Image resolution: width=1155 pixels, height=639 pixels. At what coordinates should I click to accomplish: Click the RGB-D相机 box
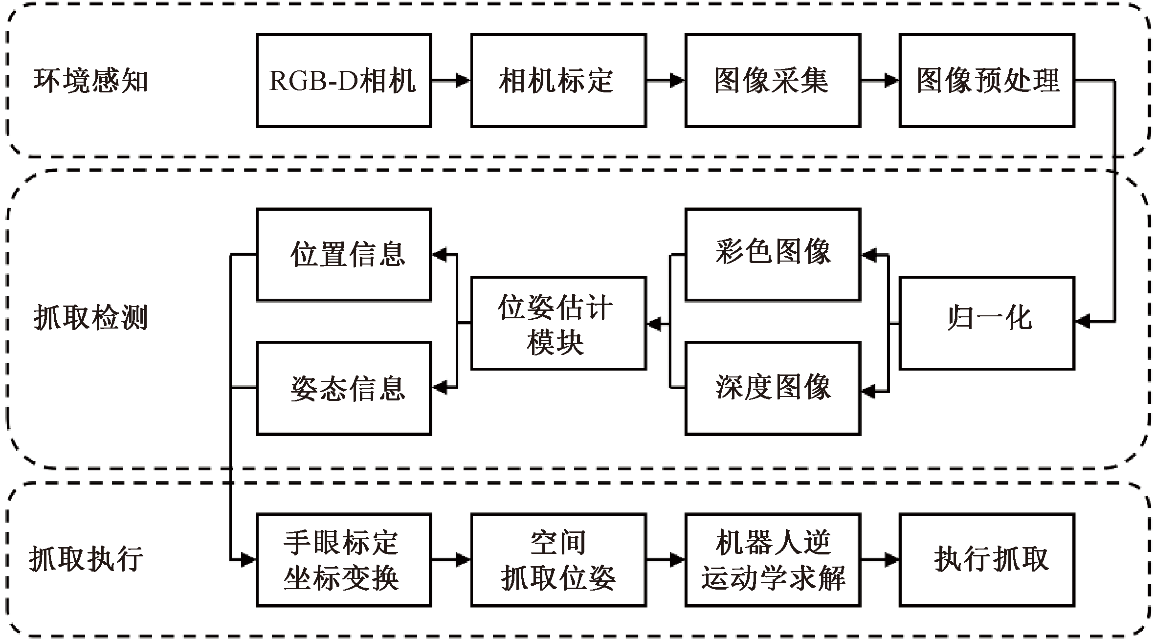pyautogui.click(x=343, y=81)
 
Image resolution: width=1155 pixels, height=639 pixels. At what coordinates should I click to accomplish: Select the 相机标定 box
pyautogui.click(x=558, y=81)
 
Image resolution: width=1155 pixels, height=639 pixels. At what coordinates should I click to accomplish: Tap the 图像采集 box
pyautogui.click(x=772, y=81)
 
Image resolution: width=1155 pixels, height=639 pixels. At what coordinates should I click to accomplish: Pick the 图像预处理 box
pyautogui.click(x=987, y=81)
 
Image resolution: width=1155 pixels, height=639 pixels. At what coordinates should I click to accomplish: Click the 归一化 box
pyautogui.click(x=987, y=323)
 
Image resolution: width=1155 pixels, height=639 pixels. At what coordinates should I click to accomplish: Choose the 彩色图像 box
pyautogui.click(x=772, y=254)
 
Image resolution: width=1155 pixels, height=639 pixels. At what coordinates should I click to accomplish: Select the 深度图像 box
pyautogui.click(x=772, y=388)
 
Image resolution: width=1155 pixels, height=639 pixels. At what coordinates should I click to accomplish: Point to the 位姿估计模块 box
pyautogui.click(x=558, y=323)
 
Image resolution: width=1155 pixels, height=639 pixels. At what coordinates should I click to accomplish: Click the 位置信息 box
pyautogui.click(x=343, y=254)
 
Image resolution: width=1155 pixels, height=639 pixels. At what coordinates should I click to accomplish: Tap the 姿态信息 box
pyautogui.click(x=343, y=388)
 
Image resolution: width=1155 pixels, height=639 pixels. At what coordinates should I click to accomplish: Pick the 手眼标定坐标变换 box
pyautogui.click(x=343, y=560)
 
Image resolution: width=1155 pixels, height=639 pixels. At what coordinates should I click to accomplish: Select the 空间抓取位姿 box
pyautogui.click(x=558, y=560)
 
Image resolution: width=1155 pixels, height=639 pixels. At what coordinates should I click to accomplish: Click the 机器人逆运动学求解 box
pyautogui.click(x=772, y=560)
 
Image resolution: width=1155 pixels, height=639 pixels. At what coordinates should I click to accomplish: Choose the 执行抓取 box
pyautogui.click(x=987, y=560)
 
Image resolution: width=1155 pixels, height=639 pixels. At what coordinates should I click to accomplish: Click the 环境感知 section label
pyautogui.click(x=90, y=81)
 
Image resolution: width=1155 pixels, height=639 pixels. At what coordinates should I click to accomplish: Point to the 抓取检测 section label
pyautogui.click(x=90, y=318)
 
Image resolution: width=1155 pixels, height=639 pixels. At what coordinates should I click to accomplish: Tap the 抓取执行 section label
pyautogui.click(x=87, y=559)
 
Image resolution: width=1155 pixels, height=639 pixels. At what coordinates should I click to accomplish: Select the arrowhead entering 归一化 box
pyautogui.click(x=1083, y=322)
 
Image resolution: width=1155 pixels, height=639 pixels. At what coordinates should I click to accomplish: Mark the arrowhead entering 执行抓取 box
pyautogui.click(x=891, y=560)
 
